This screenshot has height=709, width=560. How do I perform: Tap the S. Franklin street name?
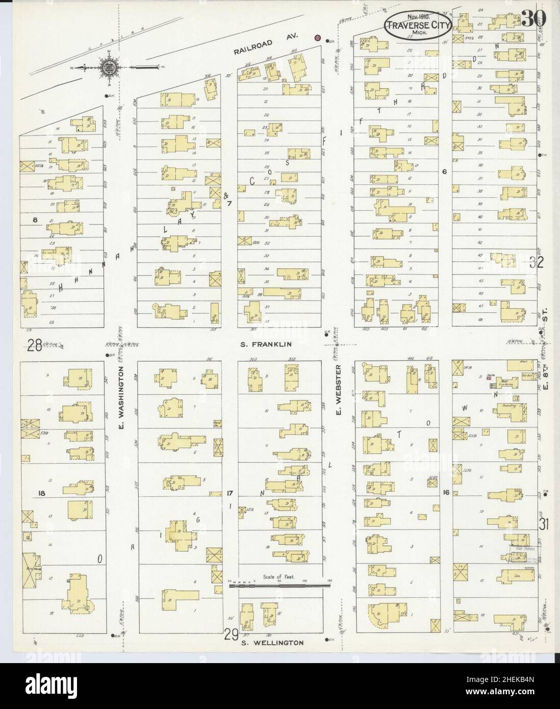point(266,344)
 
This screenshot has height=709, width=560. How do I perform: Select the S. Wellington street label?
point(272,643)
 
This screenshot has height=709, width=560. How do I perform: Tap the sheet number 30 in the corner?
point(534,19)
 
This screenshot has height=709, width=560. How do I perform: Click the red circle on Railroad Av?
point(317,38)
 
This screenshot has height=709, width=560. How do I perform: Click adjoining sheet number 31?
point(544,524)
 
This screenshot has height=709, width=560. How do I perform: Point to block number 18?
point(42,493)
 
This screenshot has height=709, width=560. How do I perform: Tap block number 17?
point(230,493)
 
